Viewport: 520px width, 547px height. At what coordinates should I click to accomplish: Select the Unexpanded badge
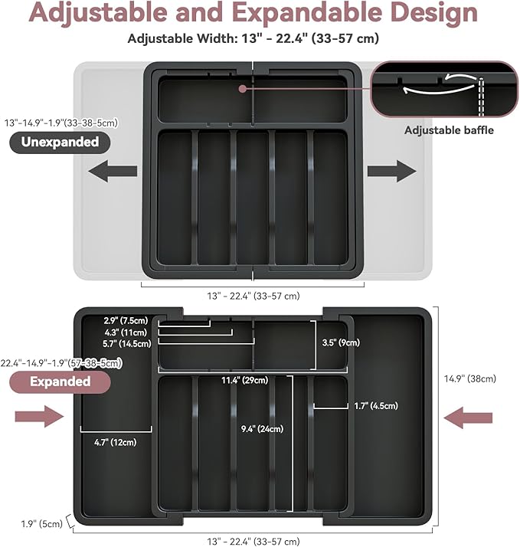[60, 142]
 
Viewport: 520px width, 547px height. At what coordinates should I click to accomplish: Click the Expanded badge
[61, 381]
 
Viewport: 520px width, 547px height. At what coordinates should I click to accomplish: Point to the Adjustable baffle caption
[449, 130]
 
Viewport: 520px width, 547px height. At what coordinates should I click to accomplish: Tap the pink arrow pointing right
[40, 417]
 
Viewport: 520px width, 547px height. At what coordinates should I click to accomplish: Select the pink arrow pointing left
[468, 417]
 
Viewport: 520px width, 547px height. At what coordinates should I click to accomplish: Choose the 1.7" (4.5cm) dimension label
[375, 406]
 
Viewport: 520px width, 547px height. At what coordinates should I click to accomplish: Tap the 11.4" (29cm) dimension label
[245, 380]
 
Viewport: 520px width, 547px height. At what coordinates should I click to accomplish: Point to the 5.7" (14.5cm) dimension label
[127, 344]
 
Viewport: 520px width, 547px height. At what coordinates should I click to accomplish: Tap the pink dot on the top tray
[242, 88]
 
